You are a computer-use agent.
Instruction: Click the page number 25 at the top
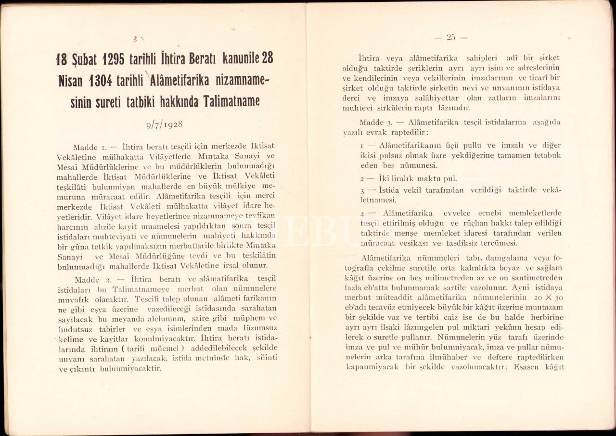coord(450,37)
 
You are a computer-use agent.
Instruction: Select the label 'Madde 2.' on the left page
coord(90,279)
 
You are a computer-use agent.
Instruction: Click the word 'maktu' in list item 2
coord(421,178)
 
